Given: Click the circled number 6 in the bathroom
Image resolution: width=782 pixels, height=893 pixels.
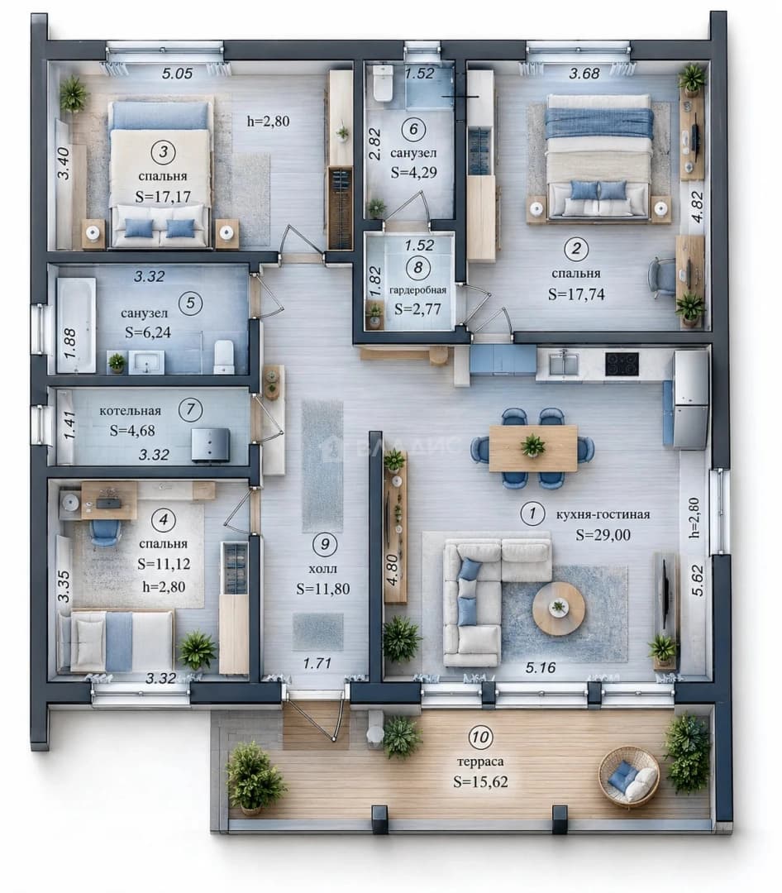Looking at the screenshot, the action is (x=413, y=129).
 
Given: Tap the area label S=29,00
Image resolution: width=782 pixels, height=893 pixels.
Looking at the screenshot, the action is (x=603, y=534).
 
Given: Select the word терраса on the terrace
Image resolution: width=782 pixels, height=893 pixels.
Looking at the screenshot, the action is (x=480, y=762).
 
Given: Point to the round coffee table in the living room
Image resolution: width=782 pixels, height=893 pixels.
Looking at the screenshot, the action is (x=558, y=608).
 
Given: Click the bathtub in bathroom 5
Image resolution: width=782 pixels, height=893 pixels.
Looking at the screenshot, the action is (x=76, y=325).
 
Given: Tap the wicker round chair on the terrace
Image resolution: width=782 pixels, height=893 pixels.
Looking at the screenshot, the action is (x=629, y=776).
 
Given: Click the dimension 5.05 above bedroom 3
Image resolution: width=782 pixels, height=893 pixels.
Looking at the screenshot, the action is (x=177, y=74).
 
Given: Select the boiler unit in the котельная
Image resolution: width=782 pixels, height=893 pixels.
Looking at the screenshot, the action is (x=210, y=444).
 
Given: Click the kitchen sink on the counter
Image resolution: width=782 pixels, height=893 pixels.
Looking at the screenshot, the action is (x=565, y=363).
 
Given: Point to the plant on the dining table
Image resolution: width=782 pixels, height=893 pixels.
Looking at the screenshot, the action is (x=532, y=445).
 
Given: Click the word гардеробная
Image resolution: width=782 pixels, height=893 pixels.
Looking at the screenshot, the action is (x=417, y=290).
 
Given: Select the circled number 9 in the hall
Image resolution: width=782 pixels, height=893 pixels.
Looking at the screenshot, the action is (x=325, y=544).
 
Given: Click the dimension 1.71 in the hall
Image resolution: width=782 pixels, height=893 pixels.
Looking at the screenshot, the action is (x=317, y=663).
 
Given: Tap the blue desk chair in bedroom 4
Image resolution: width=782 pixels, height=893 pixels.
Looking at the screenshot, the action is (x=105, y=533).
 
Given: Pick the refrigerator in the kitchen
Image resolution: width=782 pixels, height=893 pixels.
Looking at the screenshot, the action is (x=691, y=399).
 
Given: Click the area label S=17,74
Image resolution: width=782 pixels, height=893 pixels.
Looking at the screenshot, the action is (x=576, y=294).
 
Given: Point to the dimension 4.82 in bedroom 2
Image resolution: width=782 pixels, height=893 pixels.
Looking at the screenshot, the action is (x=697, y=208).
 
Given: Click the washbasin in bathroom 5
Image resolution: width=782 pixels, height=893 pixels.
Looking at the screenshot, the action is (x=146, y=362).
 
